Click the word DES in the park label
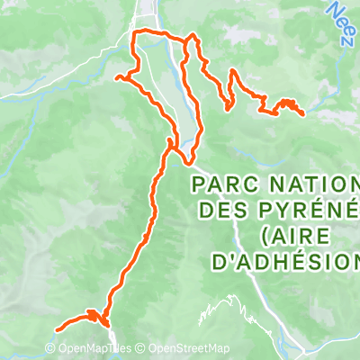tap(217, 211)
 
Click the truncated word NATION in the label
tap(311, 185)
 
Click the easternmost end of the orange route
tap(303, 113)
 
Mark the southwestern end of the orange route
tap(58, 329)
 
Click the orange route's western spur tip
tap(116, 78)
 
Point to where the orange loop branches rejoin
tap(171, 142)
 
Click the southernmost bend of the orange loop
tap(190, 163)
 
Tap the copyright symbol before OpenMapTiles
tap(49, 349)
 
